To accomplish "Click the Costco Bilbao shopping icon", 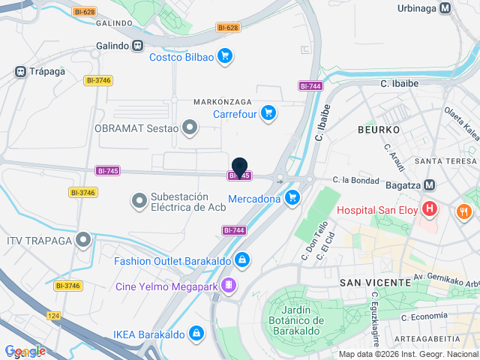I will click(x=225, y=56).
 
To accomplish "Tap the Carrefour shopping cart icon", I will click(x=269, y=114).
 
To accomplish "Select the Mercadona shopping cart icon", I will click(x=292, y=198).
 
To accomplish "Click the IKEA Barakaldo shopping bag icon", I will click(x=196, y=332).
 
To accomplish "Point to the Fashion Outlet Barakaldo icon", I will click(x=241, y=261).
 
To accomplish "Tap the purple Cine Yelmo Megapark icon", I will click(x=229, y=285).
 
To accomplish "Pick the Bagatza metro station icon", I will click(x=430, y=184).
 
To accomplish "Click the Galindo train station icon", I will click(x=137, y=46).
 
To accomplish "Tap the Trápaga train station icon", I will click(x=20, y=72).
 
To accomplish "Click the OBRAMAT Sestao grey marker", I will click(x=190, y=127).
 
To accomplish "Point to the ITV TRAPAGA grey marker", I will click(x=83, y=240).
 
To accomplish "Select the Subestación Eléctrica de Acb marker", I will click(x=138, y=201).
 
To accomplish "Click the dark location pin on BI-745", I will click(x=240, y=167).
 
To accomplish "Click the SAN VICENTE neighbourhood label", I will click(x=375, y=282).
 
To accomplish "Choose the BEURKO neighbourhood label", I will click(x=378, y=130).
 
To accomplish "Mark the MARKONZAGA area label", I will click(x=223, y=101).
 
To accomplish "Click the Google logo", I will click(x=25, y=351).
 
